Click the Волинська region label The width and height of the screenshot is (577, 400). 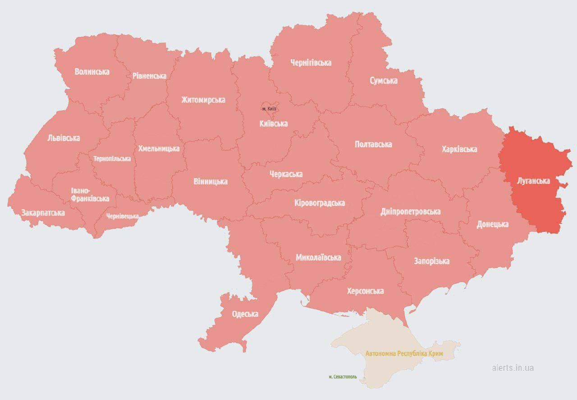click(x=92, y=71)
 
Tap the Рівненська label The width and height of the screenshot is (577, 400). click(x=149, y=76)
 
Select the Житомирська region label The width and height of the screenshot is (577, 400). click(x=203, y=100)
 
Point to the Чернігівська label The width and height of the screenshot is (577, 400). click(x=311, y=63)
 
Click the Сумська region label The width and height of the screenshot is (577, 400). click(x=384, y=81)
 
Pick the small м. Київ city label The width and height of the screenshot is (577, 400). click(x=270, y=109)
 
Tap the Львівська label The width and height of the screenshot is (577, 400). click(x=64, y=138)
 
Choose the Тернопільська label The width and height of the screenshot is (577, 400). click(x=112, y=159)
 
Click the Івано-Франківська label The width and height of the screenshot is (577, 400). click(x=90, y=194)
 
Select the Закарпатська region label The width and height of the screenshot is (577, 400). click(x=43, y=212)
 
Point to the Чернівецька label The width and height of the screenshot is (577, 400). click(x=123, y=216)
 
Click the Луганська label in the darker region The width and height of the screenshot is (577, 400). click(x=533, y=181)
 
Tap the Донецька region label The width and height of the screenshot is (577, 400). click(x=493, y=224)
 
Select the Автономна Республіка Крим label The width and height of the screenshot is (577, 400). click(x=404, y=354)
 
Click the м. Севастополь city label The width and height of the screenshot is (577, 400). click(x=343, y=377)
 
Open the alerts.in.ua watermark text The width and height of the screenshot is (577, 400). click(x=513, y=368)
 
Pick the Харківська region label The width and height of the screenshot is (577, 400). click(x=459, y=149)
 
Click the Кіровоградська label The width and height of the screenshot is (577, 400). click(x=320, y=203)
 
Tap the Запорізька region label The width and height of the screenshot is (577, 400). click(x=431, y=261)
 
